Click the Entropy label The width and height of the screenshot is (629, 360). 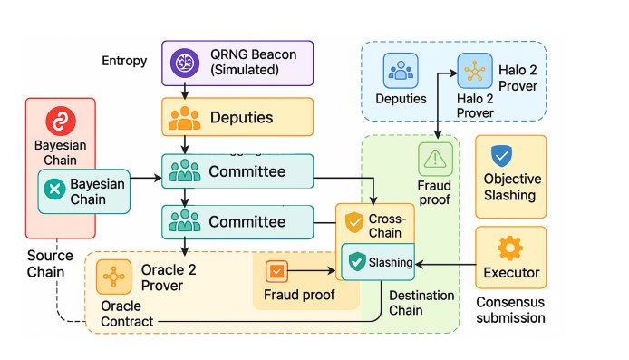click(x=124, y=60)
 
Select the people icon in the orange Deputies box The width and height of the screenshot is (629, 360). click(x=186, y=118)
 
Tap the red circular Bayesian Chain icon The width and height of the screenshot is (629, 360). click(x=61, y=122)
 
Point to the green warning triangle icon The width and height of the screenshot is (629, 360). click(x=436, y=159)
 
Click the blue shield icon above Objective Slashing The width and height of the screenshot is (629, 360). click(x=500, y=155)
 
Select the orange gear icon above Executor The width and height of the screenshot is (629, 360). click(x=510, y=246)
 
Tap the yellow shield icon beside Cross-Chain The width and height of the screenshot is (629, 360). click(x=353, y=221)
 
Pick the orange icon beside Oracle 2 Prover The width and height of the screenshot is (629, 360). click(x=113, y=277)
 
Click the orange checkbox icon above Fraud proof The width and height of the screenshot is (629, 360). click(x=276, y=271)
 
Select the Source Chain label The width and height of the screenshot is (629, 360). click(x=45, y=264)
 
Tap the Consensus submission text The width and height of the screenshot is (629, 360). click(x=510, y=309)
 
